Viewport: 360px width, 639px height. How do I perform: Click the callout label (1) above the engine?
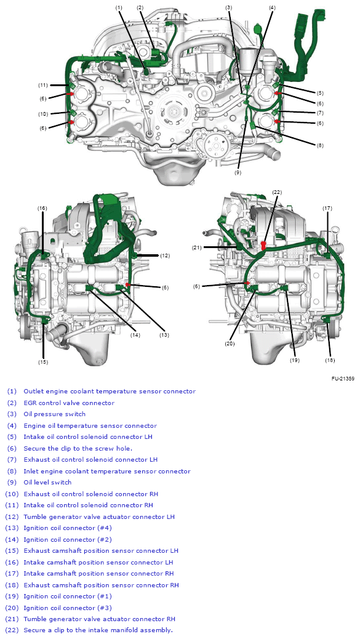[119, 7]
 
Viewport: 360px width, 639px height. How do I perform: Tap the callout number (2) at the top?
[140, 7]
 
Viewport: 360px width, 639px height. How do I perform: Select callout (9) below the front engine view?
[238, 172]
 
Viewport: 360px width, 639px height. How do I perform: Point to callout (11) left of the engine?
[43, 85]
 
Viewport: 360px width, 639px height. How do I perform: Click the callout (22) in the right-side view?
[277, 192]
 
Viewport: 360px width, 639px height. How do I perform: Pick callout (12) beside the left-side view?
[164, 255]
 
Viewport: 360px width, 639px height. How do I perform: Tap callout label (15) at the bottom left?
[43, 361]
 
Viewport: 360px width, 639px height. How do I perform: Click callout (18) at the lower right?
[330, 360]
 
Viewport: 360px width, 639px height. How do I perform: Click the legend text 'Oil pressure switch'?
[55, 414]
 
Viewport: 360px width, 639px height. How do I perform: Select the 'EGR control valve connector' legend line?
[69, 403]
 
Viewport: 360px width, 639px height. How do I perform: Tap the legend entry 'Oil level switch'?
[47, 483]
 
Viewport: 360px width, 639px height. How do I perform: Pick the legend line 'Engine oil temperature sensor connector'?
[90, 425]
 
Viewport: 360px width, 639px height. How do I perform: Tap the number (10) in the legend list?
[12, 494]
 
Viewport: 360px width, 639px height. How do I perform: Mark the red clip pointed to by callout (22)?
[264, 244]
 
